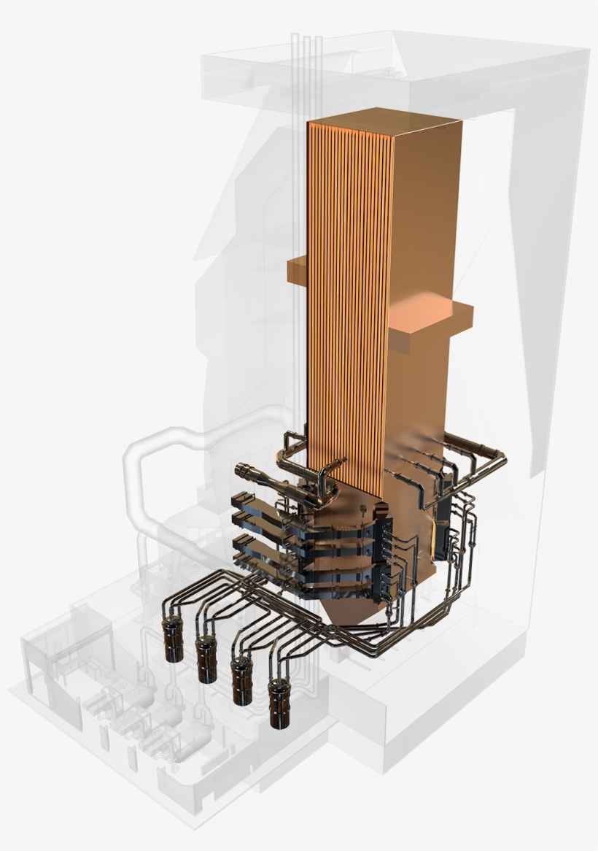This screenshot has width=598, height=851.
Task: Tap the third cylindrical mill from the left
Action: [x=241, y=681]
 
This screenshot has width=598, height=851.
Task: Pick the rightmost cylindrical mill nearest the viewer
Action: [x=278, y=704]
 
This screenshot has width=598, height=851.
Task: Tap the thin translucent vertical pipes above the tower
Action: [x=306, y=73]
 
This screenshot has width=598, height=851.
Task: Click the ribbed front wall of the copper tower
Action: [x=346, y=292]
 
